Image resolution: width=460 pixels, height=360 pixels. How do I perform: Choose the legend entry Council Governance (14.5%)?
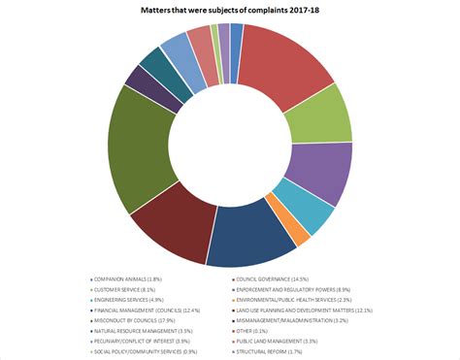click(275, 279)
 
